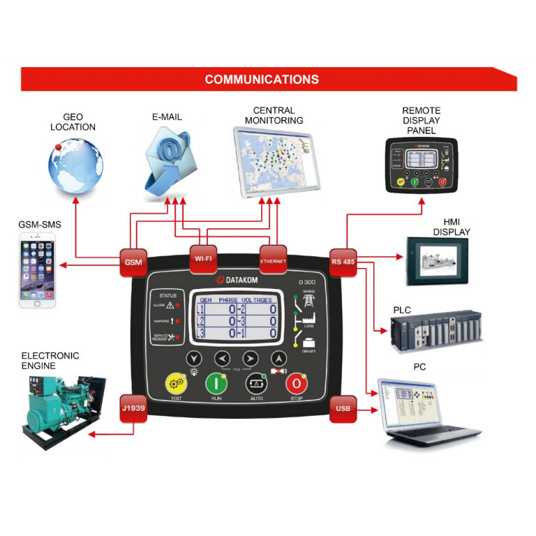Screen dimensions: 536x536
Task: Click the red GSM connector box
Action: pyautogui.click(x=132, y=262)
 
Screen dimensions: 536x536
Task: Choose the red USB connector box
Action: pyautogui.click(x=343, y=408)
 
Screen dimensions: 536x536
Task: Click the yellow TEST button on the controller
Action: pyautogui.click(x=176, y=383)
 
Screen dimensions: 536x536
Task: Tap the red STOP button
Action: pyautogui.click(x=295, y=383)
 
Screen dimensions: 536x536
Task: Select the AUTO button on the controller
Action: pyautogui.click(x=255, y=383)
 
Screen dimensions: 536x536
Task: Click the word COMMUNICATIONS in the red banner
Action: pyautogui.click(x=262, y=80)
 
